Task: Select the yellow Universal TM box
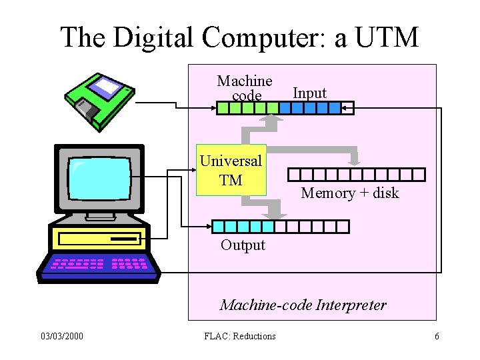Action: (231, 170)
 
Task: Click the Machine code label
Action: (245, 88)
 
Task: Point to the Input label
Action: (309, 93)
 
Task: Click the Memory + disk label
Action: (349, 193)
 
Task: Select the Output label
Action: (243, 245)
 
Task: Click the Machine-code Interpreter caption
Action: (303, 305)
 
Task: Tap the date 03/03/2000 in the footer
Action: (61, 336)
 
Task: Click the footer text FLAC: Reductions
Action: (239, 336)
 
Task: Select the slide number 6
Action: (437, 336)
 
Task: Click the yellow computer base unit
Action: (100, 237)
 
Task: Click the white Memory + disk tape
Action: (356, 175)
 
